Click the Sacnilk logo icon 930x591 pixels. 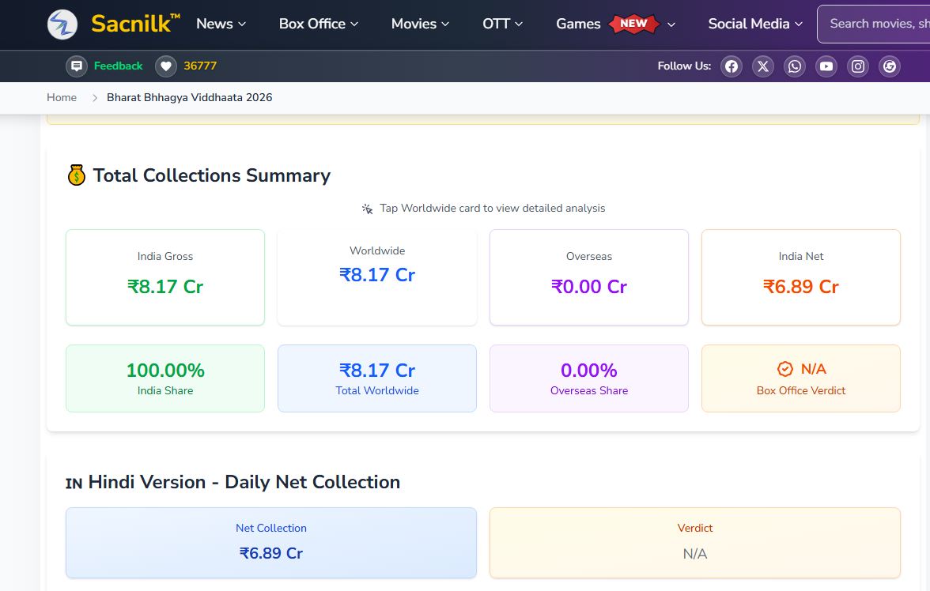(x=62, y=24)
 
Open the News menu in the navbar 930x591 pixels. (x=221, y=24)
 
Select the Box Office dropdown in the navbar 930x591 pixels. (x=319, y=24)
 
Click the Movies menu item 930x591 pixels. (x=420, y=24)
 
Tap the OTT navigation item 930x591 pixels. (x=502, y=24)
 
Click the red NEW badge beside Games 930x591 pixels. (x=633, y=24)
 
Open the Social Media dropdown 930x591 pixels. (x=755, y=24)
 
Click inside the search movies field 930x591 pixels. (x=875, y=24)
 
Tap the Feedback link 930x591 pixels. (x=118, y=66)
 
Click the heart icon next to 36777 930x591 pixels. (x=166, y=66)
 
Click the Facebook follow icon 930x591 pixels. (x=732, y=66)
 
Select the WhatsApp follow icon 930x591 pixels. (x=795, y=66)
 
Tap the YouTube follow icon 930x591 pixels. (x=826, y=66)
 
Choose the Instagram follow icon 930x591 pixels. (x=857, y=66)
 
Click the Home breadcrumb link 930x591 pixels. (x=62, y=97)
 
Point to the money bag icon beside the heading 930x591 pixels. (x=77, y=175)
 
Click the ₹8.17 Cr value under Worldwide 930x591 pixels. (x=377, y=274)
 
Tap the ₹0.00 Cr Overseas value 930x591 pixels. (x=589, y=286)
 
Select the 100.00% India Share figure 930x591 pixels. (x=165, y=370)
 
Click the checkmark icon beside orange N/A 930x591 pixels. (x=784, y=369)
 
